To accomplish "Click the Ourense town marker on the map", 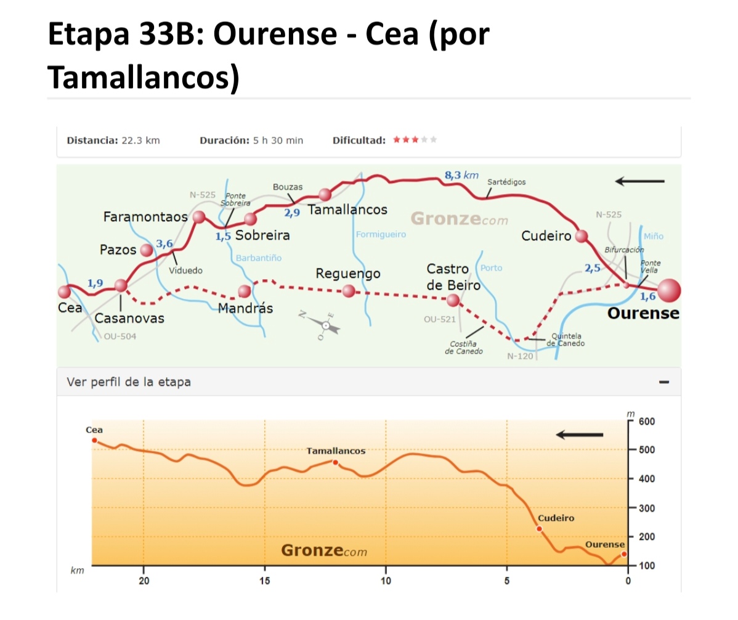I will coord(669,290).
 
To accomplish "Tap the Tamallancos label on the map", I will coord(347,210).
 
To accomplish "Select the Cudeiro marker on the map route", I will coord(581,235).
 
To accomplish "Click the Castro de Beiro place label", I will coord(453,277).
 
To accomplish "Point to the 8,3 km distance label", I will coord(461,176).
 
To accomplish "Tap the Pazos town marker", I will coord(146,250).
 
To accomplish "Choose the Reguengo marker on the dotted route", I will coord(349,290).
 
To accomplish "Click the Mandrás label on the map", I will coord(245,308).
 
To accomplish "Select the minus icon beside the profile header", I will coord(664,382).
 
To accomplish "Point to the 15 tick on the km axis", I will coord(265,581).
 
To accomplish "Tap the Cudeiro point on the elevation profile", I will coord(539,529).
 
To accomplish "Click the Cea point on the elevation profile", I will coord(94,440).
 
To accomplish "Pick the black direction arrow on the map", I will coord(639,181).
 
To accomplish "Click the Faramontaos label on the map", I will coord(145,217).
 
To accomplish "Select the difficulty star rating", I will coord(415,140).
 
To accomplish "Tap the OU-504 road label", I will coord(120,337).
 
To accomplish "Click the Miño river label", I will coord(653,236).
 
